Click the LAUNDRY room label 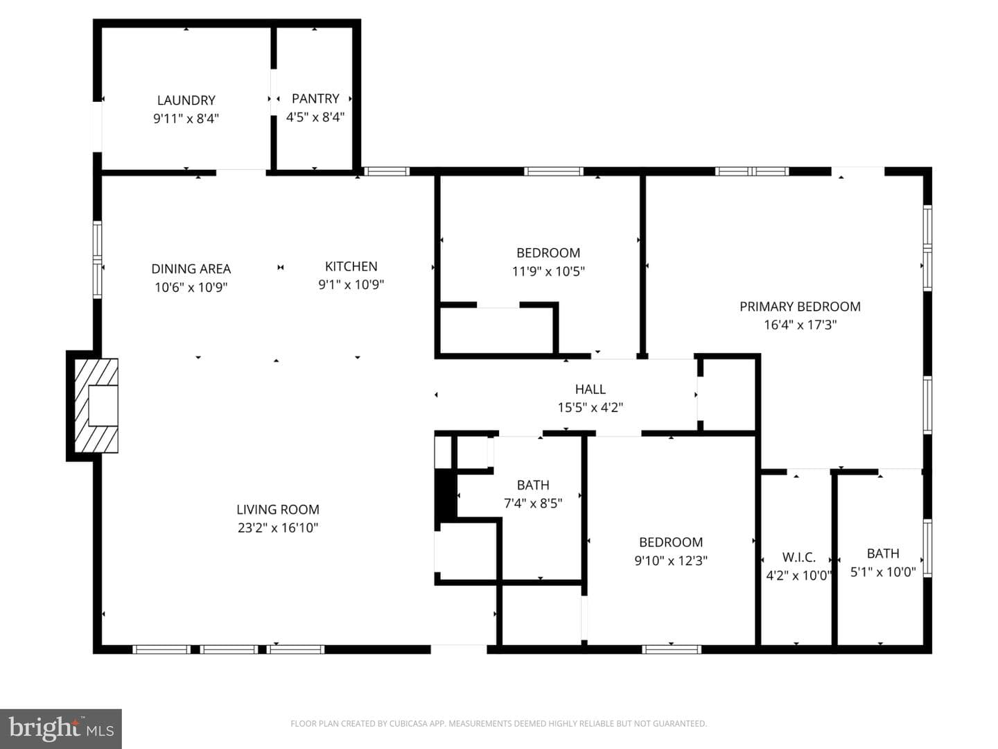(186, 100)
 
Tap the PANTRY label (315, 98)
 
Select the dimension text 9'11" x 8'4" (186, 119)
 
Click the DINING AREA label (191, 269)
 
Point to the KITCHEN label (351, 266)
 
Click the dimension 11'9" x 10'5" (548, 271)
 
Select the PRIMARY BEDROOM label (800, 307)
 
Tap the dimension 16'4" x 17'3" (800, 325)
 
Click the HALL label (590, 389)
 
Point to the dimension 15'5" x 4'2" (590, 408)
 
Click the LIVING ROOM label (278, 509)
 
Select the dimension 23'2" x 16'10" (278, 528)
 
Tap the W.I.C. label (799, 557)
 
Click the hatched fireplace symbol (96, 406)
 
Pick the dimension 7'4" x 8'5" (533, 503)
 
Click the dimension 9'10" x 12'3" (671, 561)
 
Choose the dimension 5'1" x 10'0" (883, 571)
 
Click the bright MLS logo (61, 728)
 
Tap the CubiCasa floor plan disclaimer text (499, 723)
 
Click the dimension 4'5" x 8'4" (315, 117)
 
